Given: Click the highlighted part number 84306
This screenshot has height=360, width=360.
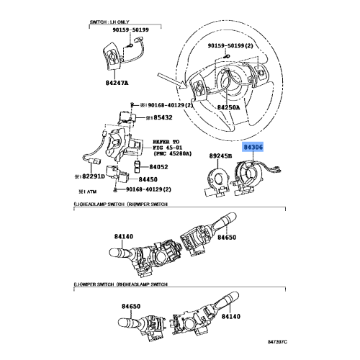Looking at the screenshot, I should coord(253,147).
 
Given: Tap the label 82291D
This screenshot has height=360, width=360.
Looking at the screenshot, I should coord(94,176).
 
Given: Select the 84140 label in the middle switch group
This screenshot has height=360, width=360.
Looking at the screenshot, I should coord(124,235).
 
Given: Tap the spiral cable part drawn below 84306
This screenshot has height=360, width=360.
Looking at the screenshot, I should coord(253,174).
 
